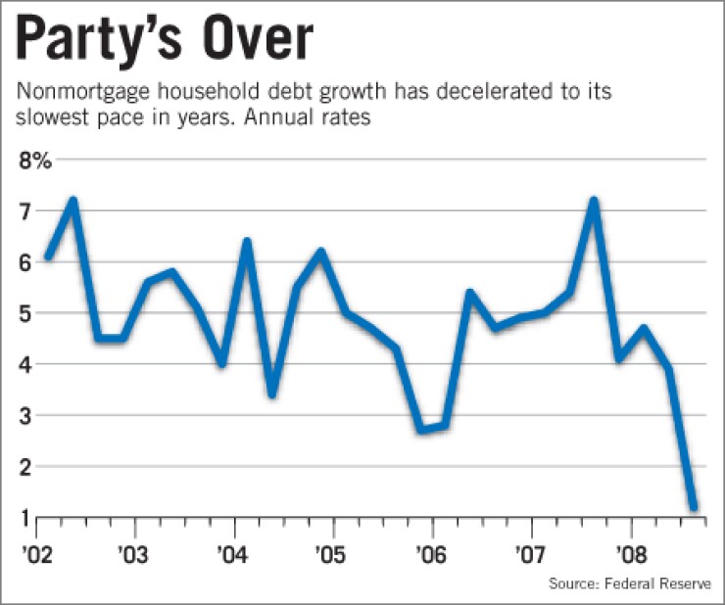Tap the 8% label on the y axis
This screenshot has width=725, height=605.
(x=34, y=161)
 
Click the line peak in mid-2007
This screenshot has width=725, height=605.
(x=594, y=202)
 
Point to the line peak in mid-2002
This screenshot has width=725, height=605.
(x=72, y=202)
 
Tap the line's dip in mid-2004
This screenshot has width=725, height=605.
(x=271, y=395)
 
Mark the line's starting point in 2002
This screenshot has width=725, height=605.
(x=48, y=258)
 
